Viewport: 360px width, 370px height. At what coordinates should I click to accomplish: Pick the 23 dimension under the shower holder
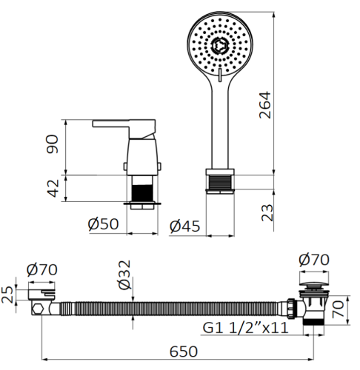(267, 212)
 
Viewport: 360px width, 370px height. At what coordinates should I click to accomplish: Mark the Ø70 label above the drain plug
(314, 260)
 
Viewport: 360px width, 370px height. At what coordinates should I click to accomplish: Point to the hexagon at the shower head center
(219, 47)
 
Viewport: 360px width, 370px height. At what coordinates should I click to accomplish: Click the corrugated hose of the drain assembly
(170, 305)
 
